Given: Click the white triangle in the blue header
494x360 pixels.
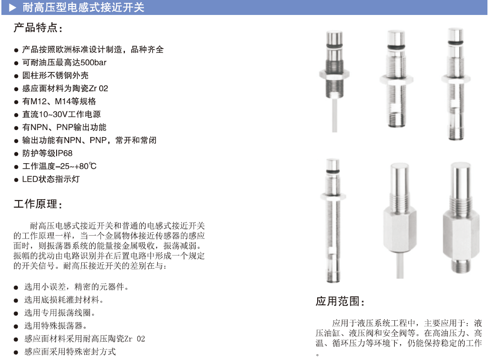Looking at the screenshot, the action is tap(13, 7).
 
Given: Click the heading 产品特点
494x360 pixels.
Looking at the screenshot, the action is tap(36, 28).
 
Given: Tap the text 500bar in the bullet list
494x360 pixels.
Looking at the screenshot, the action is tap(93, 62).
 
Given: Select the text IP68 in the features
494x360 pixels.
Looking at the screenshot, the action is tap(64, 153).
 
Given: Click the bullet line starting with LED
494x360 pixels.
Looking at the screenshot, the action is tap(51, 179).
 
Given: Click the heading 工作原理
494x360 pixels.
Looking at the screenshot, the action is tap(36, 204).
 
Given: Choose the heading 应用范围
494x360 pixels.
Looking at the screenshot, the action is tap(338, 301).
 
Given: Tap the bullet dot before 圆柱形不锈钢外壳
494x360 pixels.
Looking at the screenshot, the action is tap(16, 76).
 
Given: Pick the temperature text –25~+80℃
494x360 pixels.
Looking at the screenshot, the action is tap(76, 166).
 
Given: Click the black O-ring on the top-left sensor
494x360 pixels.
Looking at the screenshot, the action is tap(334, 46).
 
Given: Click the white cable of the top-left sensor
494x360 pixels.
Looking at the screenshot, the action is tap(334, 115).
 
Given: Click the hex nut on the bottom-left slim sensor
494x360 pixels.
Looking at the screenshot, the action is tap(333, 197).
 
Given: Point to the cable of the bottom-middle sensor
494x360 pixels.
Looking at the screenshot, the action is tap(400, 265).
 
